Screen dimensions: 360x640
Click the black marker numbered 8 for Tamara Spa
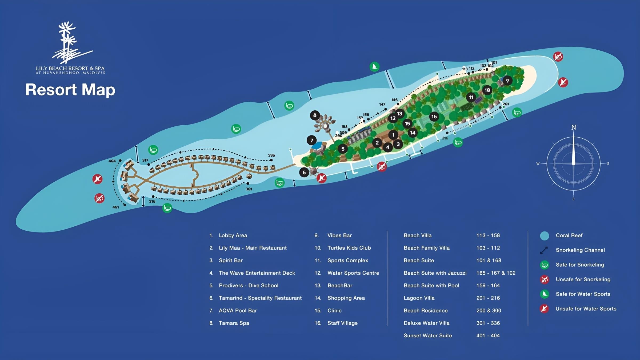pyautogui.click(x=315, y=115)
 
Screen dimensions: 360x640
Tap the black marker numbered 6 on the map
pyautogui.click(x=304, y=173)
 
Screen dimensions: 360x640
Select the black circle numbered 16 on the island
pyautogui.click(x=434, y=117)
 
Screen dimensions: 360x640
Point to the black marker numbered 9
pyautogui.click(x=507, y=81)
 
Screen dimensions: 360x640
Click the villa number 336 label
pyautogui.click(x=271, y=155)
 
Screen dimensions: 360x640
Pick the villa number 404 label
pyautogui.click(x=112, y=161)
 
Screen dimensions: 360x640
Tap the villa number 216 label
pyautogui.click(x=445, y=138)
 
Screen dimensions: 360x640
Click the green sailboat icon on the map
pyautogui.click(x=374, y=66)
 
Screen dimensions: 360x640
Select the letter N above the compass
pyautogui.click(x=574, y=127)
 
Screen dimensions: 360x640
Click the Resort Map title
pyautogui.click(x=70, y=90)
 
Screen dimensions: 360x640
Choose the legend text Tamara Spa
pyautogui.click(x=234, y=323)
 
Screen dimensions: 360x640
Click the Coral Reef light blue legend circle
pyautogui.click(x=545, y=236)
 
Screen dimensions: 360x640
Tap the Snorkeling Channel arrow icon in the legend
pyautogui.click(x=544, y=250)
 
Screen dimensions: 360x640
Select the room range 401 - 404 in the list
pyautogui.click(x=488, y=335)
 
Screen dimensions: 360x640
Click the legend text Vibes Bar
pyautogui.click(x=339, y=235)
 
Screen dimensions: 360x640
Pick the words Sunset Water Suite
pyautogui.click(x=428, y=335)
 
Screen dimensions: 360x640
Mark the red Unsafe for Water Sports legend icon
pyautogui.click(x=544, y=309)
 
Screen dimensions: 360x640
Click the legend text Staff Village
pyautogui.click(x=342, y=323)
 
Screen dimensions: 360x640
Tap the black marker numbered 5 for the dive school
pyautogui.click(x=343, y=149)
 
